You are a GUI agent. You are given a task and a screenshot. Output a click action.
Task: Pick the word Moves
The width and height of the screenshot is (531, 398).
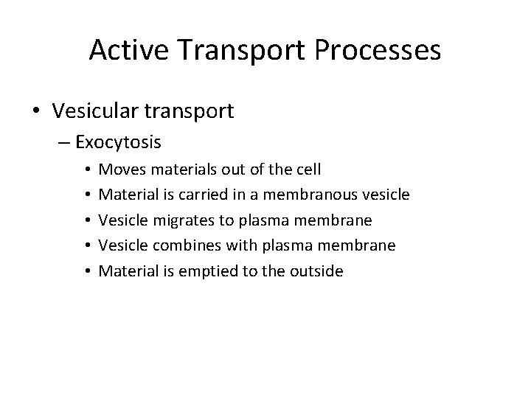pyautogui.click(x=119, y=170)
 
